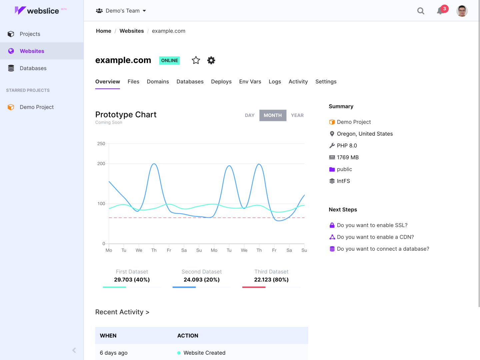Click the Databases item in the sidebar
click(33, 68)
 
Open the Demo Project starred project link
click(36, 107)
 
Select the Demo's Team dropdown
click(121, 11)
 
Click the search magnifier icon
click(421, 11)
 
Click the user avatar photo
click(462, 11)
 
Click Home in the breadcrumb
click(103, 31)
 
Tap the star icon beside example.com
click(196, 60)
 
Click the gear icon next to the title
click(211, 60)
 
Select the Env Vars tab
click(250, 82)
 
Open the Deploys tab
click(221, 82)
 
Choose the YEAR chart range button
click(297, 115)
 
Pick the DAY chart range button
click(250, 115)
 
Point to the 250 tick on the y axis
click(101, 144)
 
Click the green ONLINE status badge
click(169, 61)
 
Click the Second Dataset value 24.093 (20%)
click(201, 280)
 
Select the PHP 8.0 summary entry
click(347, 146)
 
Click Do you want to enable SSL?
click(372, 225)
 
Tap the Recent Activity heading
click(122, 312)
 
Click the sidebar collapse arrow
click(74, 350)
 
